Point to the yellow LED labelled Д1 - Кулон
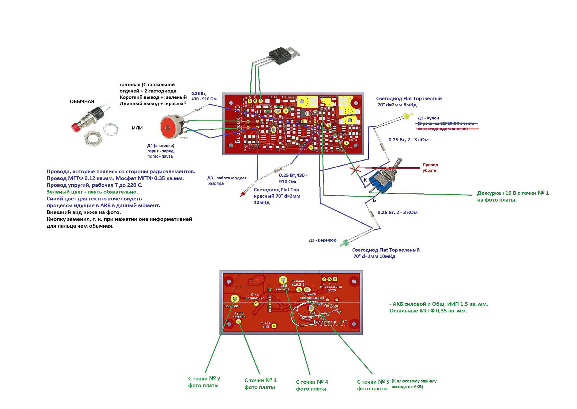(406, 117)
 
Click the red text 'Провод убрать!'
(430, 167)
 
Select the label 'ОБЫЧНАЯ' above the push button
(82, 101)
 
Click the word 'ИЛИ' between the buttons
(137, 128)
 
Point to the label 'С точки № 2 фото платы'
(204, 382)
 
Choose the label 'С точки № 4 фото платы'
(312, 385)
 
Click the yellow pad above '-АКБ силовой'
(283, 280)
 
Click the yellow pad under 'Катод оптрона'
(239, 321)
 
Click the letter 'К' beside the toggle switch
(365, 180)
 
